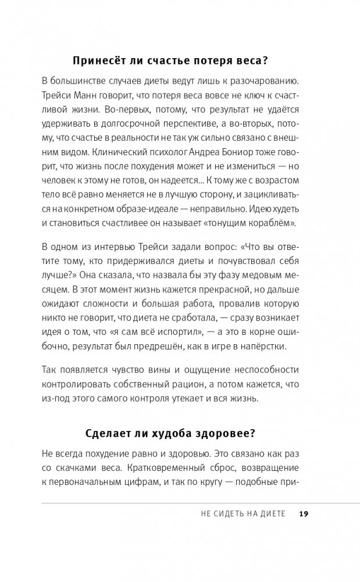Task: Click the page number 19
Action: [305, 514]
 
